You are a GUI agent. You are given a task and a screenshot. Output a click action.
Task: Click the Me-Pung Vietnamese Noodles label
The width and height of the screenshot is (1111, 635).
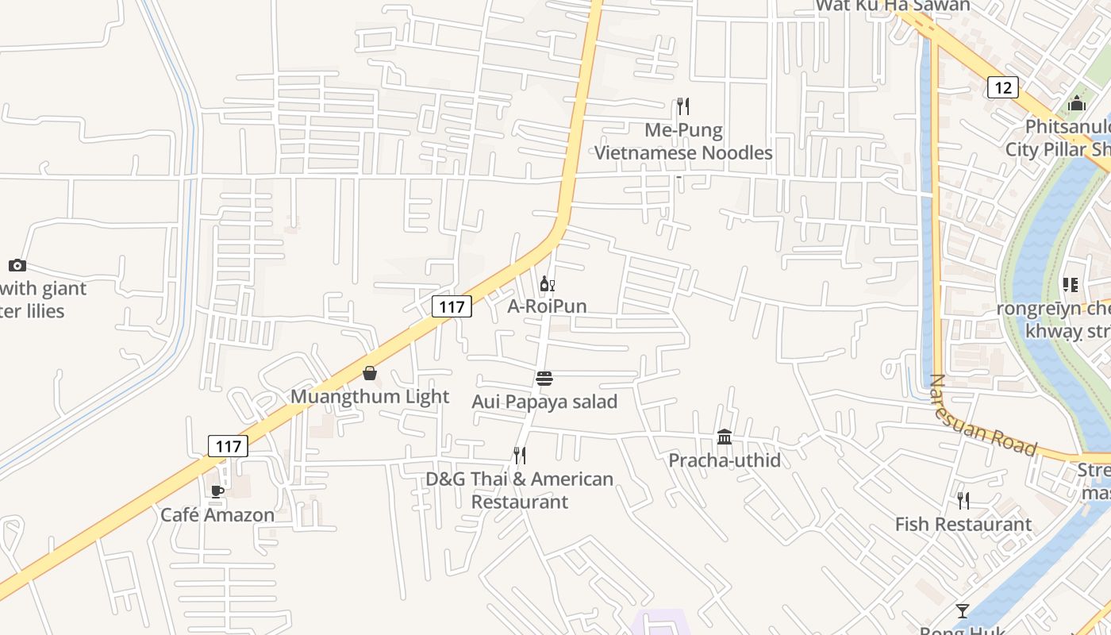(683, 141)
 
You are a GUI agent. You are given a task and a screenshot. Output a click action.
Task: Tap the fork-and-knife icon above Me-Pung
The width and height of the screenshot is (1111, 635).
(682, 106)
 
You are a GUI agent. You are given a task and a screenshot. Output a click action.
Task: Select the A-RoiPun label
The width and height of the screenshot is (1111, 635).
(548, 306)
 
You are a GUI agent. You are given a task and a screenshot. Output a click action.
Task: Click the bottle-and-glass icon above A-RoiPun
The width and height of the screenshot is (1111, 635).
(547, 284)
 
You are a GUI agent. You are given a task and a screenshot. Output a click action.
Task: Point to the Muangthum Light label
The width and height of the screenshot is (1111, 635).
(370, 396)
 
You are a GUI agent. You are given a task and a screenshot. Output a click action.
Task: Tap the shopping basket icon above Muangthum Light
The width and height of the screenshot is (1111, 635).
(370, 373)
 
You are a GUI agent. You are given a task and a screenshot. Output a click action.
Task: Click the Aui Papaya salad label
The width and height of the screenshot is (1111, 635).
(544, 402)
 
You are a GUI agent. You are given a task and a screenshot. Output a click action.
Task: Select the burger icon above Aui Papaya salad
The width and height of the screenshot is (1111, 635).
(544, 379)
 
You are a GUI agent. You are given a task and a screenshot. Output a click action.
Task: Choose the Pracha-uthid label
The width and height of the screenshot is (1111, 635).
(725, 460)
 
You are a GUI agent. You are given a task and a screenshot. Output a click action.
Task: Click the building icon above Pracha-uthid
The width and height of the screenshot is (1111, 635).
(725, 437)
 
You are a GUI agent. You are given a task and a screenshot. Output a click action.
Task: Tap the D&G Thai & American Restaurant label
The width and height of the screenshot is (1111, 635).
(520, 491)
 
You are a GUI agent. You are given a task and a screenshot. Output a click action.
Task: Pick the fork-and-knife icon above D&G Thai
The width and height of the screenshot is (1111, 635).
(520, 456)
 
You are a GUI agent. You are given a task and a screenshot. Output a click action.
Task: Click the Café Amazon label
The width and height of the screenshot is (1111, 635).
(217, 514)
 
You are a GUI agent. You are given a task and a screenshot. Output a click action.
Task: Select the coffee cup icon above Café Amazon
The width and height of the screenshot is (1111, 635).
(217, 492)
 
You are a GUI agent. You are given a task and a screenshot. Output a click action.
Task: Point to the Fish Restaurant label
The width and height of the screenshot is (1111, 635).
(963, 524)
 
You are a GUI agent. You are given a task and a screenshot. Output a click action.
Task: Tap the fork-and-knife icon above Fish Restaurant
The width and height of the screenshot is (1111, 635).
(963, 501)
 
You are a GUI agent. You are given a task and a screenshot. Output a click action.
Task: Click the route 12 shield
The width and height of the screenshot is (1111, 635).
(1003, 87)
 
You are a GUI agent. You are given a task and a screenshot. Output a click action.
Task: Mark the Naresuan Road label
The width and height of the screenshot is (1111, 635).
(982, 417)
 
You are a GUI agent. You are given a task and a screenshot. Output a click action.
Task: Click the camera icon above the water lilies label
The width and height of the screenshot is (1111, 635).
(17, 266)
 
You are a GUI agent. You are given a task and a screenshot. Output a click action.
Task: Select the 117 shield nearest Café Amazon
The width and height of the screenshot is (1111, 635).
(229, 446)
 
